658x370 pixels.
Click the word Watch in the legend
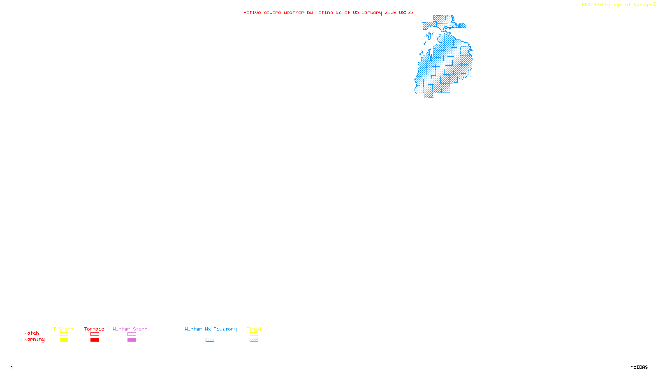[32, 333]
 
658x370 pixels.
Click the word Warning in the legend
[34, 340]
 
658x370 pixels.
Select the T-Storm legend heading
[63, 329]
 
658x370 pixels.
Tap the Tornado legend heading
[94, 329]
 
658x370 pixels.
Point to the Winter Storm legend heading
[130, 329]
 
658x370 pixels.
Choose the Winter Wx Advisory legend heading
[211, 329]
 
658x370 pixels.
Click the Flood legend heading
[254, 329]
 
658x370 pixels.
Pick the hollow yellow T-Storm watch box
[64, 334]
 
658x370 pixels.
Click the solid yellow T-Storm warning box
[64, 340]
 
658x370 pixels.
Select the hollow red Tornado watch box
[95, 334]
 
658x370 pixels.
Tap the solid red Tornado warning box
[95, 340]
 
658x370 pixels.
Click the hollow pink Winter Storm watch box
[132, 334]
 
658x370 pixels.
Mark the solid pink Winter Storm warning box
[132, 340]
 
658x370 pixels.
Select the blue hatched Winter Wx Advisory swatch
[210, 340]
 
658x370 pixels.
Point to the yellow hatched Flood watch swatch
[254, 334]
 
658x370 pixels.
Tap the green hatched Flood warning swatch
[254, 340]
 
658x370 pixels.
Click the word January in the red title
[372, 13]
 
